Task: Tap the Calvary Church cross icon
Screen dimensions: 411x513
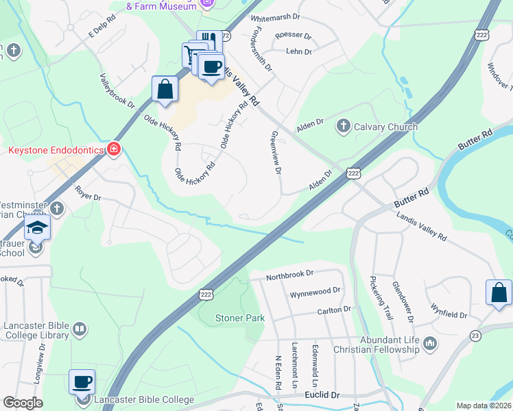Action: (x=343, y=127)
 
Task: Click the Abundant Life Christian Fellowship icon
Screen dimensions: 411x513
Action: (x=430, y=343)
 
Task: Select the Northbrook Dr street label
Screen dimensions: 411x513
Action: (x=290, y=273)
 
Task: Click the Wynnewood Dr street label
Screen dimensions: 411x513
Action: (x=315, y=291)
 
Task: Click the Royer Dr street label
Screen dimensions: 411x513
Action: (x=88, y=193)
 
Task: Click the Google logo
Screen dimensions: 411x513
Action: (x=23, y=403)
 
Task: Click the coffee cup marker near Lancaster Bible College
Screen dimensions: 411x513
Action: (x=82, y=382)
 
